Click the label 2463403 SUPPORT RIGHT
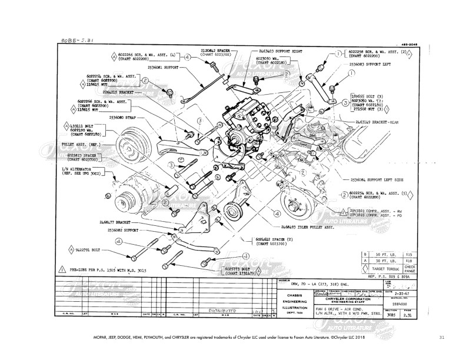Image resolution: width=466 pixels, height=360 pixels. [280, 52]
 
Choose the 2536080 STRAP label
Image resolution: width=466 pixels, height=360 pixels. [122, 118]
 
